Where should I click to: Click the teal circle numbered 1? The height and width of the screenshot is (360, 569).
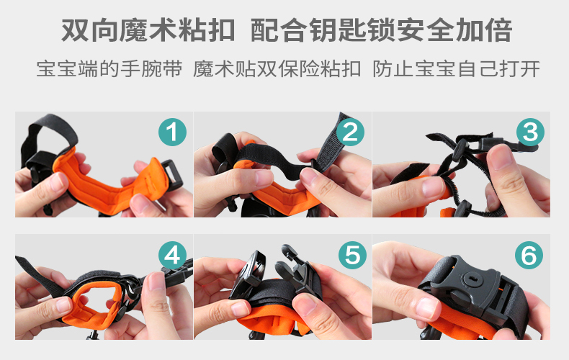pyautogui.click(x=172, y=132)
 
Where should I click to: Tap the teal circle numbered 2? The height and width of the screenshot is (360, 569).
pyautogui.click(x=350, y=132)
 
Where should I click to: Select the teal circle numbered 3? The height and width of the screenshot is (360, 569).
pyautogui.click(x=530, y=132)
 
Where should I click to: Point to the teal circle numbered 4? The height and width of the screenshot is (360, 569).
pyautogui.click(x=172, y=255)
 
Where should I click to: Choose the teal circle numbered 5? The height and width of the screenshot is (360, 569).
pyautogui.click(x=352, y=255)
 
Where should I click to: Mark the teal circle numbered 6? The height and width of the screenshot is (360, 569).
pyautogui.click(x=529, y=255)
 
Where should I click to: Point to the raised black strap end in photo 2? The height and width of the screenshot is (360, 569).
pyautogui.click(x=331, y=143)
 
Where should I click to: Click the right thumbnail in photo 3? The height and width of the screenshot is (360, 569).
pyautogui.click(x=501, y=157)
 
